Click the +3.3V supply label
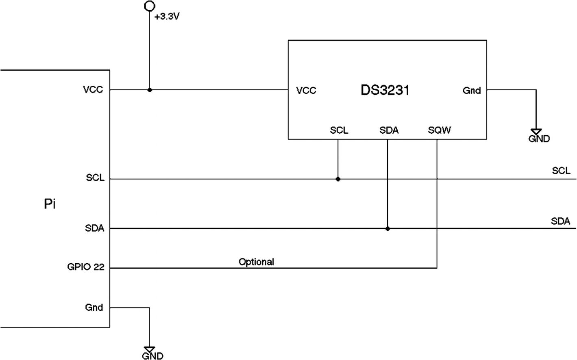coord(167,18)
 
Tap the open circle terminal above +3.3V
coord(150,6)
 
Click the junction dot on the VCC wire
coord(150,90)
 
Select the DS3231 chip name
coord(385,90)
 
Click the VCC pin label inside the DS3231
coord(306,91)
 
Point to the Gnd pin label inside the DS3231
coord(472,91)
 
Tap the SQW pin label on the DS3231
coord(440,130)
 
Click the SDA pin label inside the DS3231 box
coord(389,130)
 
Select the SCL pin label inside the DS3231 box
coord(339,130)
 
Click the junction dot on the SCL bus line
coord(338,179)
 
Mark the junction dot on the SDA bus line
coord(388,229)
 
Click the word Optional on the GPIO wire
coord(256,262)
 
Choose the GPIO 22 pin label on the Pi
coord(86,267)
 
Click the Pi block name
coord(50,204)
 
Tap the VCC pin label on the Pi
coord(93,90)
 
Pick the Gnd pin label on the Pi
coord(94,308)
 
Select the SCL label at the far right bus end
coord(561,171)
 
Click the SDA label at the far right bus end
coord(561,221)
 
